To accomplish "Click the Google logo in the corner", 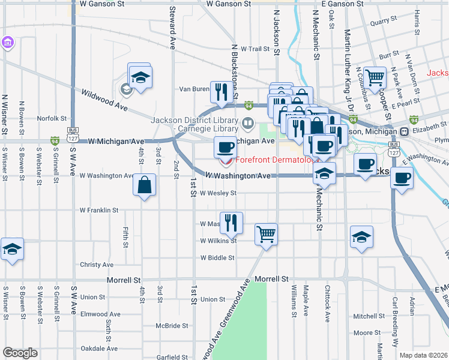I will (x=19, y=353).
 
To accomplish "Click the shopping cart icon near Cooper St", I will (x=375, y=77).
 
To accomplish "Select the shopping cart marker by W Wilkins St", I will (x=266, y=234).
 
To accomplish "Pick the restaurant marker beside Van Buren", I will (x=221, y=92).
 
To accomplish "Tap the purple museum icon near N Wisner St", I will (x=7, y=43).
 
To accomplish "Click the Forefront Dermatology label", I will (x=274, y=160).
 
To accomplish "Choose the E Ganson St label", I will (x=339, y=4).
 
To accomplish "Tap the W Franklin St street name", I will (x=99, y=211).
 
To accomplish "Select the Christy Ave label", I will (x=97, y=265).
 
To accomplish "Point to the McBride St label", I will (x=172, y=325).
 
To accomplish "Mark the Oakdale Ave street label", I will (x=99, y=348).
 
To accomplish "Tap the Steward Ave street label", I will (x=172, y=37).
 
